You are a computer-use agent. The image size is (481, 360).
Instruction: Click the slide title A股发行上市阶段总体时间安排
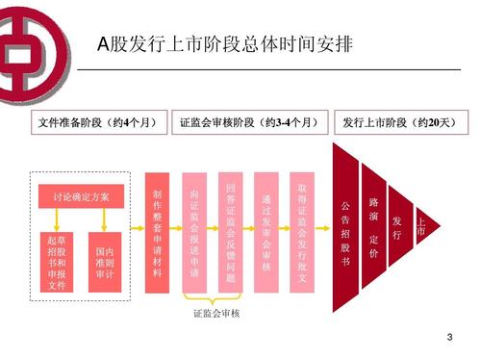pyautogui.click(x=225, y=44)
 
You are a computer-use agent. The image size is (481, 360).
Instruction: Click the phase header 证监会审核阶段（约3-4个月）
pyautogui.click(x=248, y=124)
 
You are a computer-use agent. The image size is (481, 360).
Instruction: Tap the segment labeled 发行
pyautogui.click(x=397, y=228)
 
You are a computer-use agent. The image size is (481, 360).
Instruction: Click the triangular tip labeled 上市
pyautogui.click(x=420, y=228)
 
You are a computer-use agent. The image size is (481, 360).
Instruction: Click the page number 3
pyautogui.click(x=449, y=339)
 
